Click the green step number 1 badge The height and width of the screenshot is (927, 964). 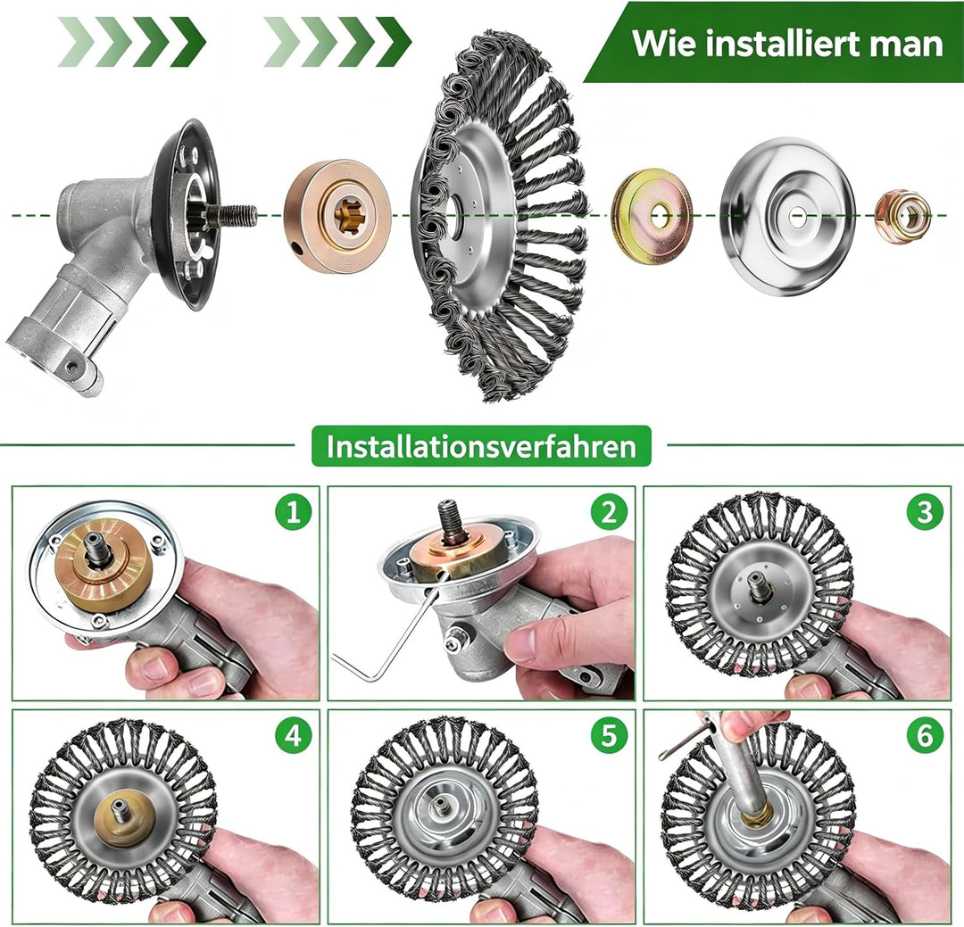click(x=294, y=511)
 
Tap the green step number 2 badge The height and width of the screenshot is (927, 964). click(x=609, y=511)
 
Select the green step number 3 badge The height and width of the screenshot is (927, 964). click(x=925, y=511)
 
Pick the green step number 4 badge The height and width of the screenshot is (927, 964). click(x=294, y=735)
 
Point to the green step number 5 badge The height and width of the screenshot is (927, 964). click(x=609, y=735)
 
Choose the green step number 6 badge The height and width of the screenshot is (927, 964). click(x=925, y=735)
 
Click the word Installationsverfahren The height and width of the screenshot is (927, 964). click(x=481, y=446)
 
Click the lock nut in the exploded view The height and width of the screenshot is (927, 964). click(x=902, y=217)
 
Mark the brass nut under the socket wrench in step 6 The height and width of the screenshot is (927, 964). click(x=757, y=815)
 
